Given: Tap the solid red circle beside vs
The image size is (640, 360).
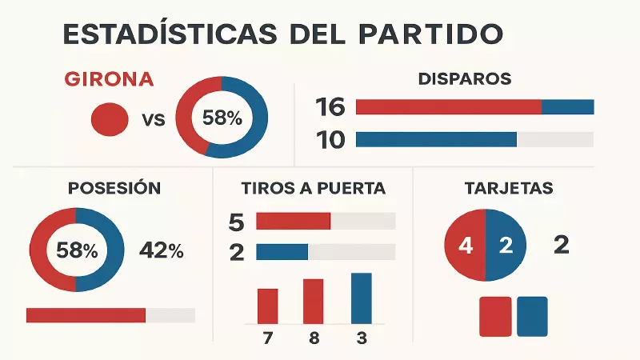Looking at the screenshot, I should click(x=110, y=119).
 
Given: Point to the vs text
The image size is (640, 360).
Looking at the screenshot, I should click(x=153, y=120).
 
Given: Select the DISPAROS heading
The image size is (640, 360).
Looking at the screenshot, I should click(x=465, y=79).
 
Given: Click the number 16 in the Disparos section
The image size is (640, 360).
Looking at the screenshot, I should click(x=330, y=107).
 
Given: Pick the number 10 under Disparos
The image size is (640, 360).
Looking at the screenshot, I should click(x=330, y=140).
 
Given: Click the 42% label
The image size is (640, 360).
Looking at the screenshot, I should click(x=162, y=250).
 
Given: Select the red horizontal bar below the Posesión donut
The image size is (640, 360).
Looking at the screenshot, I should click(x=86, y=315).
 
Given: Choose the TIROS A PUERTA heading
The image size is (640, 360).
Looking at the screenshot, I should click(x=314, y=189).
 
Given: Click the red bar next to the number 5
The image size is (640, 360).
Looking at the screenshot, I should click(x=293, y=222).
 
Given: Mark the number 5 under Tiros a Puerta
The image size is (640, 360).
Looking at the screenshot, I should click(x=236, y=222).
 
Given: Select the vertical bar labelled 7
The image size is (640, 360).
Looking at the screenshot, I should click(x=267, y=305).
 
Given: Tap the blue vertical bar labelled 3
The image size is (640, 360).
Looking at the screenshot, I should click(x=362, y=297).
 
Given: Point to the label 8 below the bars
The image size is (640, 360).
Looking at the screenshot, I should click(x=314, y=338).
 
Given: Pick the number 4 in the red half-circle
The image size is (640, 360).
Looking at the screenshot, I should click(x=466, y=246).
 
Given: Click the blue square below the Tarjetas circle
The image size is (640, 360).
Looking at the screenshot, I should click(x=532, y=316).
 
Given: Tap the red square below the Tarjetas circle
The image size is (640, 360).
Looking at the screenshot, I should click(x=494, y=316).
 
